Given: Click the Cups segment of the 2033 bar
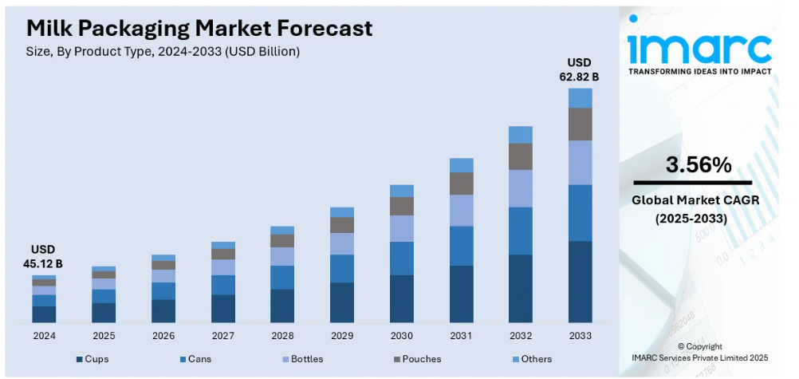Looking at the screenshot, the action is pos(581,282).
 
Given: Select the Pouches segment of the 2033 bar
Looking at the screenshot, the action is pos(581,124).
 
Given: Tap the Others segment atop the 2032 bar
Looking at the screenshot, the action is pos(521,135).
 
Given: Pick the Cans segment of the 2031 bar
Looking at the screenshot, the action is pos(461,246).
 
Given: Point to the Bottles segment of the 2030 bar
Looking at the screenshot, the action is pos(402,228).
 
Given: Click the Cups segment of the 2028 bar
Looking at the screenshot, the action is pos(282,306).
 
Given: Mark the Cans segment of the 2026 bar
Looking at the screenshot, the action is pos(163,290).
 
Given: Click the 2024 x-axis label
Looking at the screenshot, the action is pos(44,336).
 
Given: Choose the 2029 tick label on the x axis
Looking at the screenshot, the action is pos(342,336).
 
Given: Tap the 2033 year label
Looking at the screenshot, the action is pos(581,336).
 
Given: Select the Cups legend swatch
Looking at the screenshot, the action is pos(80,360).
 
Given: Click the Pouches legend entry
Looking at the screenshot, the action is pos(418,359).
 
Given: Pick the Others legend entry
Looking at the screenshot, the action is pos(533,359).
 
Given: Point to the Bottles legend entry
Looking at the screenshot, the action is pos(303,359).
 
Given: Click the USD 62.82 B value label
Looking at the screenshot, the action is pos(580,70).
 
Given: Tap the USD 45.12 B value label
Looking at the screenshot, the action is pos(43,257).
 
